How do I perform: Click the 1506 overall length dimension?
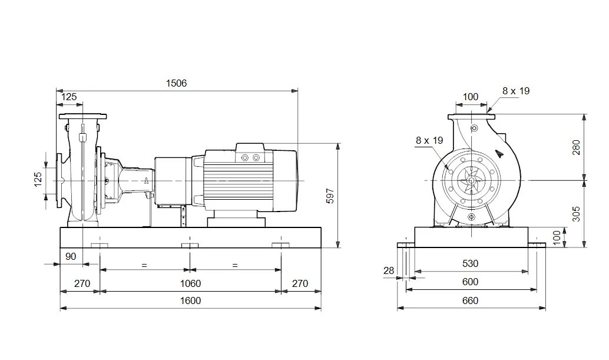pyautogui.click(x=176, y=83)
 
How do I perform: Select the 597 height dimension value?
pyautogui.click(x=330, y=196)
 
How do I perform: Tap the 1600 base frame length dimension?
pyautogui.click(x=191, y=300)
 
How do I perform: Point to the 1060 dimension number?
pyautogui.click(x=191, y=283)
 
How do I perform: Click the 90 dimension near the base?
pyautogui.click(x=71, y=256)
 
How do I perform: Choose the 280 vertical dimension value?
pyautogui.click(x=577, y=147)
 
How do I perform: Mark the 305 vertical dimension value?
pyautogui.click(x=577, y=213)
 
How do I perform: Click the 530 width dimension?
pyautogui.click(x=470, y=263)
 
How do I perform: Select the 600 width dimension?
pyautogui.click(x=470, y=282)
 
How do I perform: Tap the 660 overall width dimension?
pyautogui.click(x=470, y=300)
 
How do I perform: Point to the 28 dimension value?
pyautogui.click(x=388, y=270)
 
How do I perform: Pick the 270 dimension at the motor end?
pyautogui.click(x=300, y=283)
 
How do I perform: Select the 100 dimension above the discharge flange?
pyautogui.click(x=470, y=97)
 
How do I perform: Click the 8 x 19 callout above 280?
pyautogui.click(x=516, y=90)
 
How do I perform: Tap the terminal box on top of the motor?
pyautogui.click(x=250, y=154)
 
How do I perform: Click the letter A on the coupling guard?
pyautogui.click(x=144, y=180)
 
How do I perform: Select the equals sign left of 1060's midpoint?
pyautogui.click(x=144, y=265)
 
